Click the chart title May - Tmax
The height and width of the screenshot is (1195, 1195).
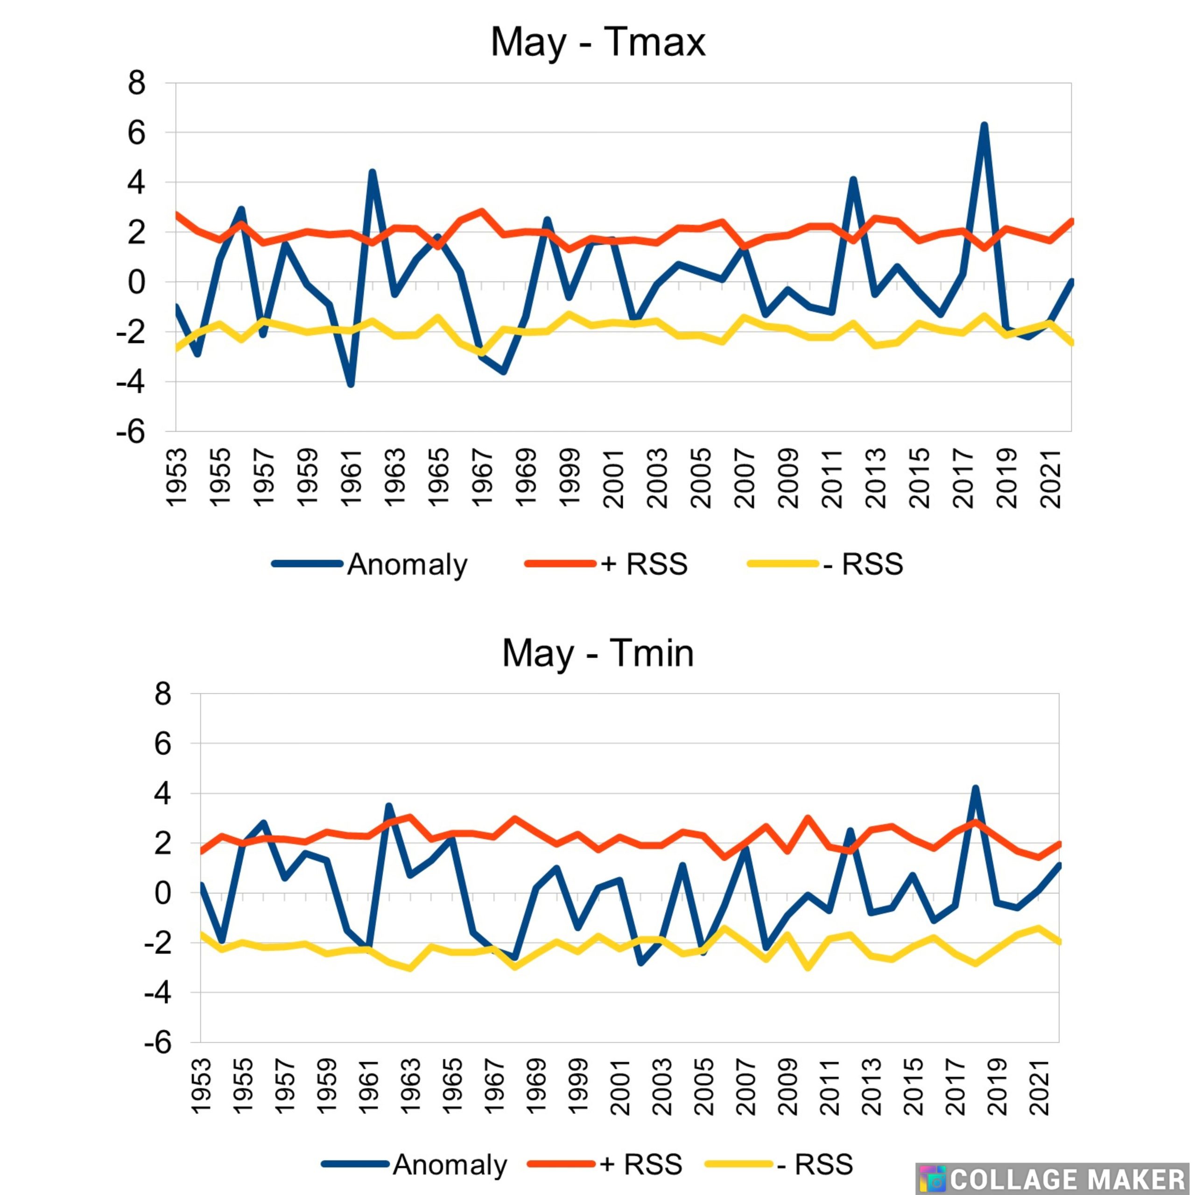pyautogui.click(x=597, y=42)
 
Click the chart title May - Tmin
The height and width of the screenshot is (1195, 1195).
pyautogui.click(x=597, y=653)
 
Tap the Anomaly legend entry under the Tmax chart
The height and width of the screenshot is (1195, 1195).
pyautogui.click(x=370, y=564)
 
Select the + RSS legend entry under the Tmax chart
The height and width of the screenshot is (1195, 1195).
pyautogui.click(x=606, y=564)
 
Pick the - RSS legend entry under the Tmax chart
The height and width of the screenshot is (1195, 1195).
pyautogui.click(x=825, y=564)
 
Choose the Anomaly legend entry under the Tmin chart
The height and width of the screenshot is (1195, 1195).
pyautogui.click(x=415, y=1165)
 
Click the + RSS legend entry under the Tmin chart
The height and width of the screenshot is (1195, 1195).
pyautogui.click(x=605, y=1165)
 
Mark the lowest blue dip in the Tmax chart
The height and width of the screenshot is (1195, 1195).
pyautogui.click(x=351, y=384)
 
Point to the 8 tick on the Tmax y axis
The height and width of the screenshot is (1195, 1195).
pyautogui.click(x=137, y=83)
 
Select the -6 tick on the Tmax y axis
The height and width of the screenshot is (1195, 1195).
pyautogui.click(x=131, y=431)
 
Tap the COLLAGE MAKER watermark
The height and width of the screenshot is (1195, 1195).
pyautogui.click(x=1055, y=1178)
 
